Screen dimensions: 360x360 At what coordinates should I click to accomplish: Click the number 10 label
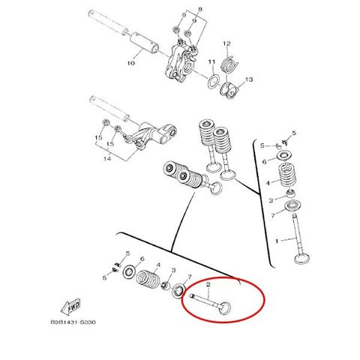coord(130,63)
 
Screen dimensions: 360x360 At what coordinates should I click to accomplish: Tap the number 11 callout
coord(211,61)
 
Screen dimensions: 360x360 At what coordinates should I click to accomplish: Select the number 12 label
coord(226,43)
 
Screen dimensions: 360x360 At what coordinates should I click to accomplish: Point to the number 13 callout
coord(249,79)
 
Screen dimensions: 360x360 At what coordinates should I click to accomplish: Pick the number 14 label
coord(107,158)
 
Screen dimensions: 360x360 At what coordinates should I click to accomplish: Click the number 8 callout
coord(200,10)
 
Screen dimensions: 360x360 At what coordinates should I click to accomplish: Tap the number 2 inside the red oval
coord(208,284)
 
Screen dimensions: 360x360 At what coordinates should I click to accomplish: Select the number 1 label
coord(277,241)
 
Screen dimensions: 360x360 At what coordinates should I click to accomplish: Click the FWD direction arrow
coord(70,307)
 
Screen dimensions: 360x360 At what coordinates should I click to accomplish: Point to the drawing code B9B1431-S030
coord(73,322)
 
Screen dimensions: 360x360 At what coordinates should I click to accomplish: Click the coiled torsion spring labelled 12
coord(229,65)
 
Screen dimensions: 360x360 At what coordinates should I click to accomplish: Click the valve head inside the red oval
coord(225,307)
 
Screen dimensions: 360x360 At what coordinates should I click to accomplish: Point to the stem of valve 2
coord(205,301)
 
